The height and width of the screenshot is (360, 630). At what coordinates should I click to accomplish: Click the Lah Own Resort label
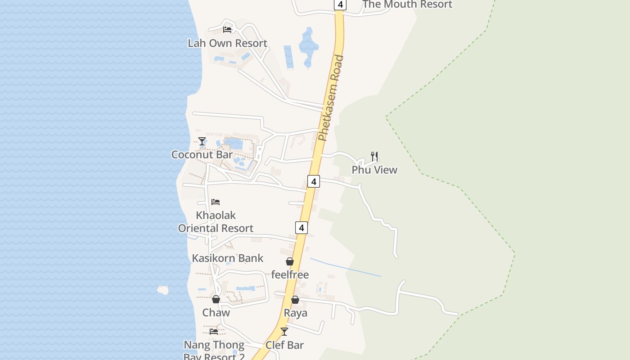(227, 43)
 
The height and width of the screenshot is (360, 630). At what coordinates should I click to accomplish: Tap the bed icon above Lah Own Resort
(227, 30)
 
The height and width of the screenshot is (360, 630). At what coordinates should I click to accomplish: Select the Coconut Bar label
(202, 154)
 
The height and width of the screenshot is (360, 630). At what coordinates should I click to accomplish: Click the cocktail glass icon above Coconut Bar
(202, 141)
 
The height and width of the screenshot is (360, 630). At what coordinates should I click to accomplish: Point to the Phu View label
(374, 170)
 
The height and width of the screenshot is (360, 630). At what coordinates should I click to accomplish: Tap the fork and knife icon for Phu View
(374, 156)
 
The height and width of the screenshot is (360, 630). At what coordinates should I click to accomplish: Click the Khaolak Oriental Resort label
(216, 222)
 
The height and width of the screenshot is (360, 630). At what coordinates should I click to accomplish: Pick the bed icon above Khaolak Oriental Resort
(216, 202)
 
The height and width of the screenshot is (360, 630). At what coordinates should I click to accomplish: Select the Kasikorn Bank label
(228, 258)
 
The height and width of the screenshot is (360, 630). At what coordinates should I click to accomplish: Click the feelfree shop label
(290, 274)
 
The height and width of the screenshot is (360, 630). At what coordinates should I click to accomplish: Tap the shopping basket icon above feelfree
(290, 261)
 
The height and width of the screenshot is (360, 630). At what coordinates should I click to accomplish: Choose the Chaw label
(216, 312)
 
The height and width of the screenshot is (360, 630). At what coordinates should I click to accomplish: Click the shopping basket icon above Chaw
(216, 299)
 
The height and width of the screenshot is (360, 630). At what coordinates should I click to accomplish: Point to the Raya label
(295, 313)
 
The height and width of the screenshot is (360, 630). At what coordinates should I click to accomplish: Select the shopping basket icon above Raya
(295, 300)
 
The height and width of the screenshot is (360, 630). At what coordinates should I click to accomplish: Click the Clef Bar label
(284, 345)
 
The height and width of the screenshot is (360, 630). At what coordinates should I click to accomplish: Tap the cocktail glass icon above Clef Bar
(284, 332)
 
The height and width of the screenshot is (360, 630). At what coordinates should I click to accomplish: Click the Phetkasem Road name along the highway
(331, 98)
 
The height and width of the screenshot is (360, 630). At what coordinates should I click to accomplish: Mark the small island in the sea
(163, 290)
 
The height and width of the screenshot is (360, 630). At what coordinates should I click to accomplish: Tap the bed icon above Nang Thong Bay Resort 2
(214, 332)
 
